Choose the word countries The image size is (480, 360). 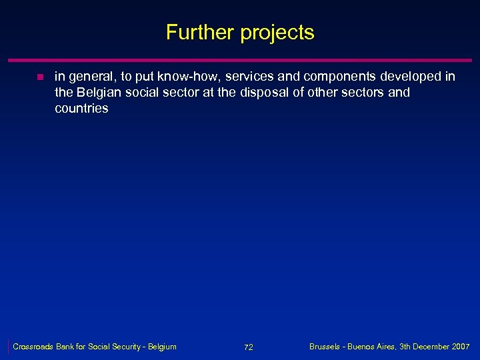(x=81, y=108)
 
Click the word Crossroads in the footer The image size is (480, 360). (x=35, y=347)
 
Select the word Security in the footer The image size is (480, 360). (x=131, y=347)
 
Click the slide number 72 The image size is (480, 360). (x=248, y=347)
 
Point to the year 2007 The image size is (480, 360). (x=459, y=347)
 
